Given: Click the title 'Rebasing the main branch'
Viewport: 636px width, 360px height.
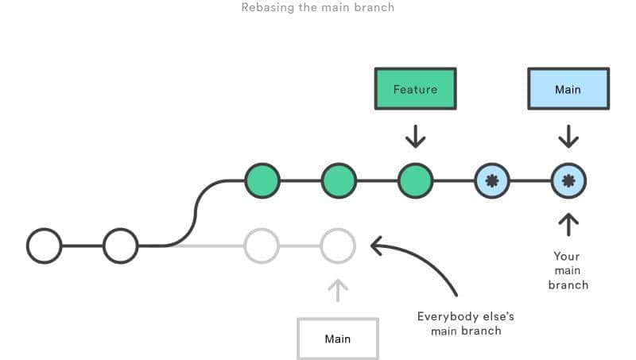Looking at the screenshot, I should click(x=317, y=8).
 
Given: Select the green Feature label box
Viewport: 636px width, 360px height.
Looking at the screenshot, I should click(x=415, y=89).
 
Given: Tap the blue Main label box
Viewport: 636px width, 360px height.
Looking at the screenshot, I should click(x=568, y=89).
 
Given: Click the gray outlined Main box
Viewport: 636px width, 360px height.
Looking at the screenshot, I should click(x=338, y=339).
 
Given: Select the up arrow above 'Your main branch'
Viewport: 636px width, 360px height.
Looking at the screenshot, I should click(x=568, y=224).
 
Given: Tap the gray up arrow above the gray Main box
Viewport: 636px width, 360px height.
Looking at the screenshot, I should click(x=338, y=290).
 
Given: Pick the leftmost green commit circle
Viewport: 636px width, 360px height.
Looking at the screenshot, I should click(x=262, y=180).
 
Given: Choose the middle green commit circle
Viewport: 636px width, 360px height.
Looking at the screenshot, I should click(x=339, y=180).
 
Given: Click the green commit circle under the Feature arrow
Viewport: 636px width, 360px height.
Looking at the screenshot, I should click(x=415, y=180).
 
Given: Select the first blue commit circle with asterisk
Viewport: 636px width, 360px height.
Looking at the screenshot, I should click(x=491, y=180).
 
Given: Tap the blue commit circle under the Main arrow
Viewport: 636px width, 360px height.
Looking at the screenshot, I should click(x=568, y=180).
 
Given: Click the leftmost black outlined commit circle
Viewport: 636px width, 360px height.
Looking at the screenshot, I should click(x=44, y=246).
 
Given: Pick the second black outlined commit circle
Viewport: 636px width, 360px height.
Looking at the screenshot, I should click(x=120, y=246).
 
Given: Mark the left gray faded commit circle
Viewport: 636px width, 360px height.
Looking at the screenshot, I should click(x=262, y=246).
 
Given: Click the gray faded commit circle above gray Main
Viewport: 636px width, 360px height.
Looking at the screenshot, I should click(x=338, y=246).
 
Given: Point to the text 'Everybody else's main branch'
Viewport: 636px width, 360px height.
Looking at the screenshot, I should click(x=460, y=323).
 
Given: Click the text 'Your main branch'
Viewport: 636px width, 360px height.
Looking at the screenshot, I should click(x=568, y=270).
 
